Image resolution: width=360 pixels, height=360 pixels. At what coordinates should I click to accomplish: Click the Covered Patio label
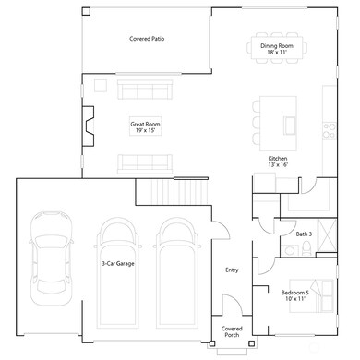click(147, 39)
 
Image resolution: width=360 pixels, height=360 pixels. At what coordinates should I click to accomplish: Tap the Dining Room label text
click(276, 48)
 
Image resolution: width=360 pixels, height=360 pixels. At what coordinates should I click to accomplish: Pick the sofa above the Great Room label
click(146, 90)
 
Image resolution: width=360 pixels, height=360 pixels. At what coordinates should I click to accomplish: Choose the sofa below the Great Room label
click(146, 163)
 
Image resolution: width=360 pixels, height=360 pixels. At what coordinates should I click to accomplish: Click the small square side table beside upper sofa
click(102, 87)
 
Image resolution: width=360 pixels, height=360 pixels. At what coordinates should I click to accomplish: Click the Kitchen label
click(278, 162)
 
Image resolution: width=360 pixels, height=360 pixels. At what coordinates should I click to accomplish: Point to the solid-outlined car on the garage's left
click(45, 260)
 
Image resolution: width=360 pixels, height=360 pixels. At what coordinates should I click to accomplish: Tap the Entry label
click(232, 270)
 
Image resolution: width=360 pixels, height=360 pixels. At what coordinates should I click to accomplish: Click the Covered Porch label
click(231, 331)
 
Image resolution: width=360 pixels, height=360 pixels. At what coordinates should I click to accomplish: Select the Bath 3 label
click(304, 234)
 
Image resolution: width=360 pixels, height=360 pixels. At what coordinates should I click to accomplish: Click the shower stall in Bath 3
click(327, 230)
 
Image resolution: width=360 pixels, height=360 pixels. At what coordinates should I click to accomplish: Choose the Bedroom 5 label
click(294, 295)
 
